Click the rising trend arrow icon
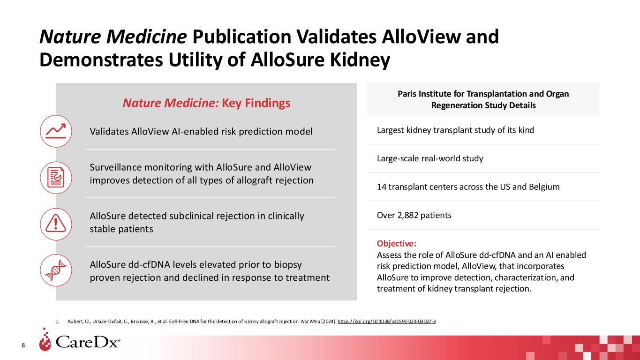56,131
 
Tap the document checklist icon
56,178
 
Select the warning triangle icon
56,224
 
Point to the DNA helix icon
56,270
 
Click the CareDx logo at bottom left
80,342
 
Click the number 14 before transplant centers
382,187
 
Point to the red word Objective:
397,244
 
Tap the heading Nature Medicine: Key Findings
206,103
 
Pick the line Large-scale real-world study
430,158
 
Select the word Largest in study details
392,130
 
